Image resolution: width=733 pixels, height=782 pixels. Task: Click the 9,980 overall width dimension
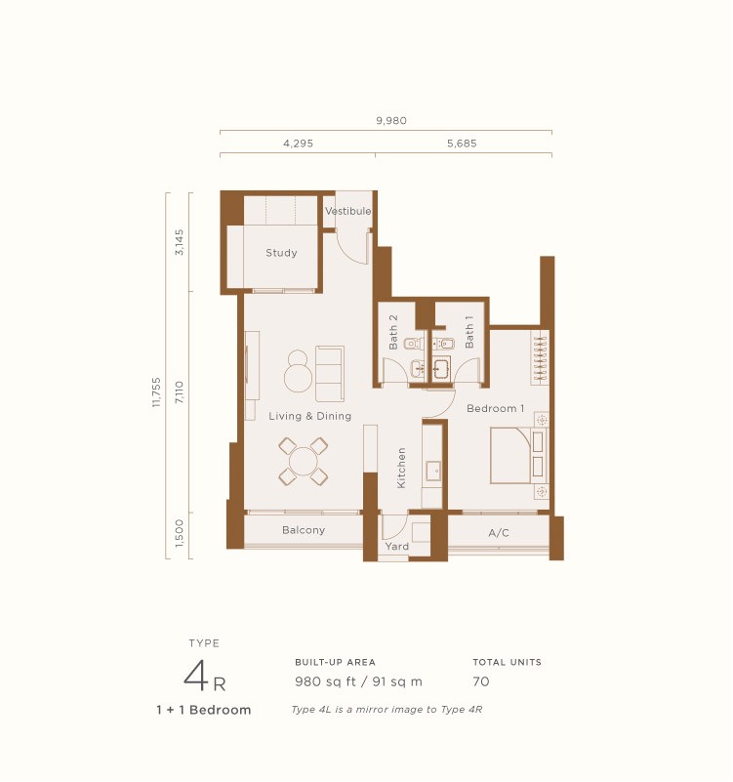coord(390,121)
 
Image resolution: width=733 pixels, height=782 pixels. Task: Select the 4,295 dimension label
coord(298,143)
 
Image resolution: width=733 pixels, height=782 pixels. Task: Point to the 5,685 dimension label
coord(462,143)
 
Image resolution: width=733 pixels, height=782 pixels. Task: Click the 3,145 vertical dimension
coord(179,242)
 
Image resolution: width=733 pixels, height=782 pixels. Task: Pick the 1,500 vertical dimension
coord(179,535)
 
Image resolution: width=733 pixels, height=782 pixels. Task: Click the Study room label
coord(281,254)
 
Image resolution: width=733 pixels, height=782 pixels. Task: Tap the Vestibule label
coord(347,211)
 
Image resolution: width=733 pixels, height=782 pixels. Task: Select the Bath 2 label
coord(393,332)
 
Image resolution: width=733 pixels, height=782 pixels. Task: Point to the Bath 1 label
coord(469,332)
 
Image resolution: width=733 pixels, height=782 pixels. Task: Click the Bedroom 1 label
coord(495,408)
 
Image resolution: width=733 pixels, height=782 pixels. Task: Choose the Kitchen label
coord(401,468)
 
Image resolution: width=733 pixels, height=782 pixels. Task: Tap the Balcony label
coord(304,530)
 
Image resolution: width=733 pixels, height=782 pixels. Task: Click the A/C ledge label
coord(498,533)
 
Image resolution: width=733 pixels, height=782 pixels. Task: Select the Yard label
coord(397,547)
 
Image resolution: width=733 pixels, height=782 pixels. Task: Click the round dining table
coord(304,461)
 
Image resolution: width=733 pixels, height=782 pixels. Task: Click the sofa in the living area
coord(329,374)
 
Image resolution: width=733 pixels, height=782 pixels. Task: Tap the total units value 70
coord(481,681)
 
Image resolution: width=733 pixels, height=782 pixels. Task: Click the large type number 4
coord(199,676)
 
